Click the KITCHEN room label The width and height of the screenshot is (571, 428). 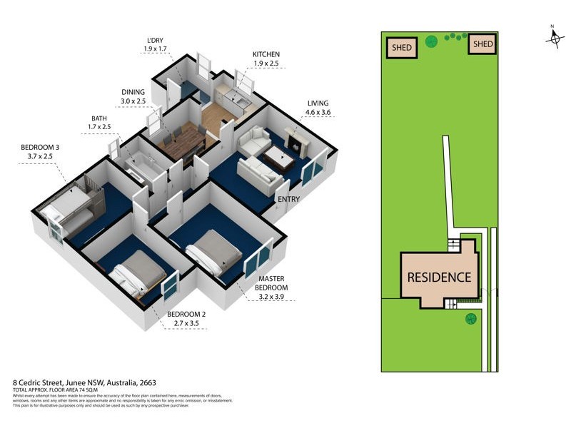pos(266,54)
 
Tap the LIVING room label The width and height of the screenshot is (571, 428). pos(318,103)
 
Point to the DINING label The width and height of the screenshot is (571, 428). pos(133,92)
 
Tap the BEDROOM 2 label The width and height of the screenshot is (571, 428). pos(186,315)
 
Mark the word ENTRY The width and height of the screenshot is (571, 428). pos(289,199)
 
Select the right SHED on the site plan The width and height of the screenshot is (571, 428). pos(483,44)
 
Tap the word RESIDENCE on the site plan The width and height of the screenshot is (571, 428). pos(439,277)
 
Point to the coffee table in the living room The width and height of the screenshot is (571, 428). pos(278,159)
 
